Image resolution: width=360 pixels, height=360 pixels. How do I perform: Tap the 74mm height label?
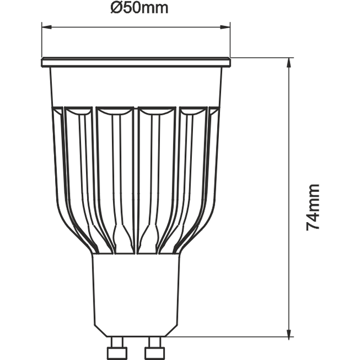pyautogui.click(x=313, y=206)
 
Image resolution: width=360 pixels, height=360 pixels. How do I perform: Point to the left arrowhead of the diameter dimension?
pyautogui.click(x=46, y=26)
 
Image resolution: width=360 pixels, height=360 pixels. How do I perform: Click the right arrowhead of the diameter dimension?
pyautogui.click(x=227, y=26)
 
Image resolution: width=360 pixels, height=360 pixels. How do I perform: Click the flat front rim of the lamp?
pyautogui.click(x=136, y=62)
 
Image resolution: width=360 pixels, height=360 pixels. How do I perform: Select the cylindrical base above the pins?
pyautogui.click(x=136, y=292)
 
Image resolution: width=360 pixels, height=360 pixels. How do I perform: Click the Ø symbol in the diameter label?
pyautogui.click(x=116, y=8)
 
